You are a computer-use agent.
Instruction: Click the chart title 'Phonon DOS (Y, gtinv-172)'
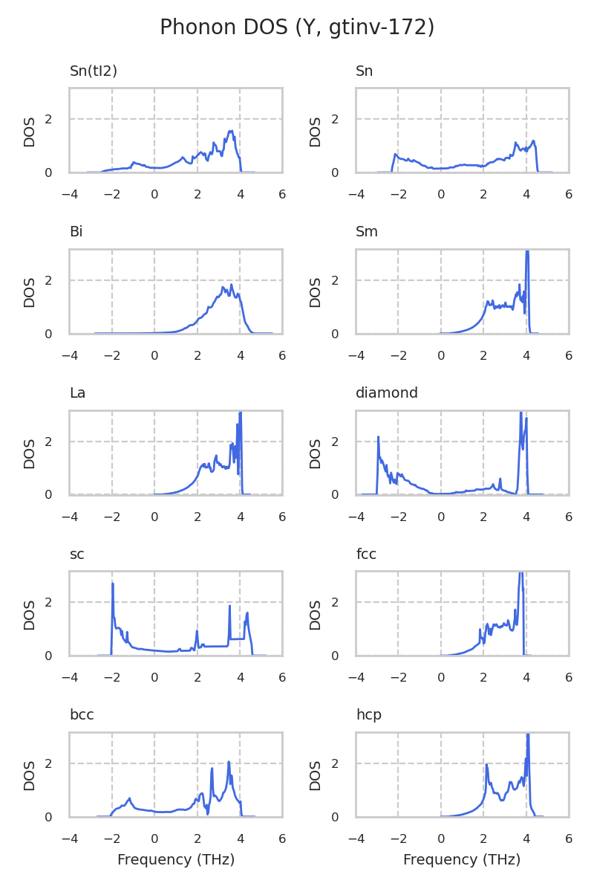point(297,28)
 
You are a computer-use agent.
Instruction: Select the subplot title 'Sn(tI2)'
point(94,71)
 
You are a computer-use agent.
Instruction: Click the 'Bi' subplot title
point(76,232)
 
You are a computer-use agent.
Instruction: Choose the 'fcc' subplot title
point(366,554)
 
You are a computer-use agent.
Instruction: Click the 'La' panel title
point(77,393)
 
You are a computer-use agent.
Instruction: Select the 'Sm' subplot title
point(367,232)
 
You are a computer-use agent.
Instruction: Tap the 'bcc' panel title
point(81,715)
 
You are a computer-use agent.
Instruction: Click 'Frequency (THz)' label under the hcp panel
point(462,860)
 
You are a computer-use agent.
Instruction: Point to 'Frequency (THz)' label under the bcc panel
point(176,860)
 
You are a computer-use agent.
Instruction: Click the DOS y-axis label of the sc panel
point(30,615)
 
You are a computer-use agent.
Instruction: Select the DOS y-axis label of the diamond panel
point(316,453)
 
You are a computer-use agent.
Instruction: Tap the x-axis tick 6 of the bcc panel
point(282,839)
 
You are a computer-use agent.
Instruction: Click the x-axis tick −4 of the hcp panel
point(356,839)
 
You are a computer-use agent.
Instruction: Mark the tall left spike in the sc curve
point(113,584)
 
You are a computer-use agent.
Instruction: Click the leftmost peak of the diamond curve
point(378,437)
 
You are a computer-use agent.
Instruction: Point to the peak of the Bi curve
point(231,285)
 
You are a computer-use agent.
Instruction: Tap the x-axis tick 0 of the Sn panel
point(441,195)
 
